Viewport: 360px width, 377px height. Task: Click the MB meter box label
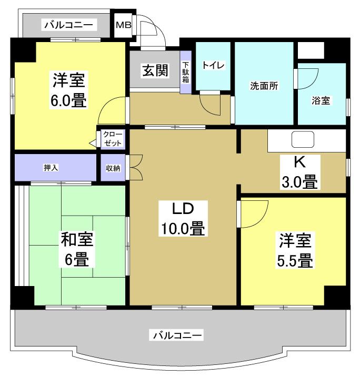[124, 25]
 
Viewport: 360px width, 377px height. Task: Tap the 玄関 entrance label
[155, 70]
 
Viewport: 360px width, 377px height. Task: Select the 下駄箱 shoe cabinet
[186, 72]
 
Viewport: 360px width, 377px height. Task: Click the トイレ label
[213, 65]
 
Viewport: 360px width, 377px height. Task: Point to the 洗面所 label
[264, 86]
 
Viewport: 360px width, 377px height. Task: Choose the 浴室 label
[321, 100]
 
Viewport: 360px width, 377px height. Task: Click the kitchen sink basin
[303, 139]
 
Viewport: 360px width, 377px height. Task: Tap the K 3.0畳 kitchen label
[300, 172]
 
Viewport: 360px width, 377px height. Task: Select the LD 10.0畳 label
[183, 218]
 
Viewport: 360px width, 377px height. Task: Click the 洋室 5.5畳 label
[295, 250]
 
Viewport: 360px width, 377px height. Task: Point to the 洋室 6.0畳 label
[68, 89]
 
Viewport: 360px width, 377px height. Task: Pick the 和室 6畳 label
[77, 249]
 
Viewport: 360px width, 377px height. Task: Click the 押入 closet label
[51, 168]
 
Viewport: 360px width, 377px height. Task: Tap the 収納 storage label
[113, 168]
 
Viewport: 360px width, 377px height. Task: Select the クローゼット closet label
[113, 139]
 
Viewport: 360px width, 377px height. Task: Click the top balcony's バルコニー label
[68, 25]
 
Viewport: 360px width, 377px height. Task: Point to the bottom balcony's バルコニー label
[177, 335]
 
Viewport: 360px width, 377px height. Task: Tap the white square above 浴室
[311, 50]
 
